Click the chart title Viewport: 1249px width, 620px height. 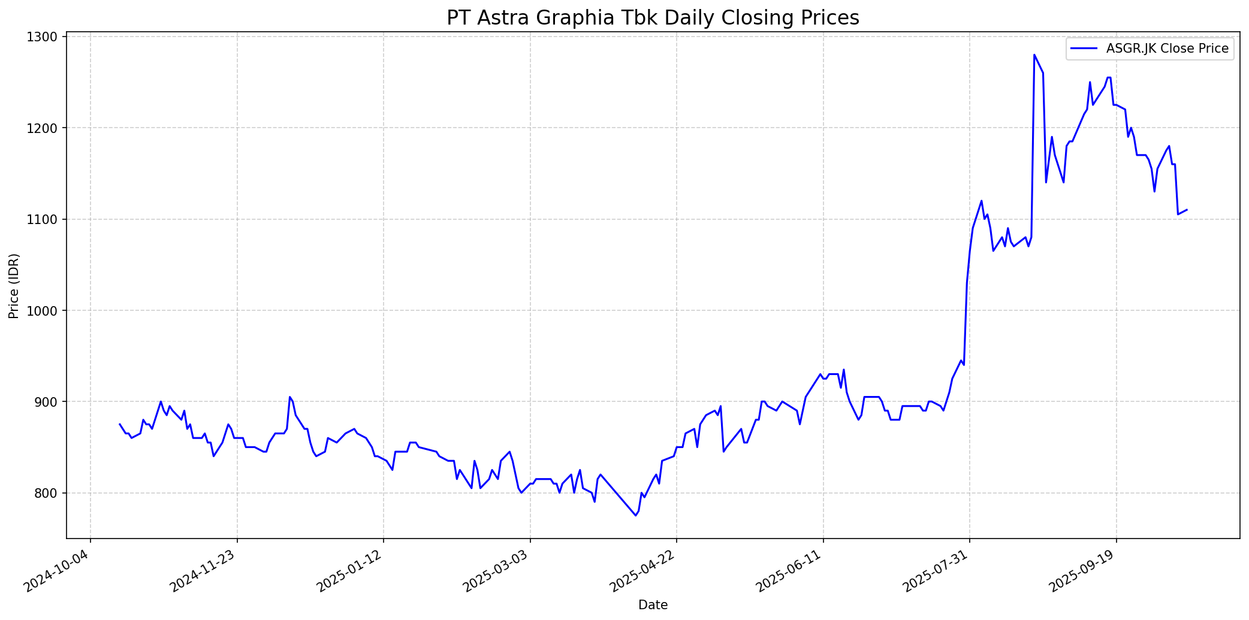[x=653, y=18]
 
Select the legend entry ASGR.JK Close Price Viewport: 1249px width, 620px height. [x=1167, y=49]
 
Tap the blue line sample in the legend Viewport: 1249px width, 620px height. [x=1085, y=49]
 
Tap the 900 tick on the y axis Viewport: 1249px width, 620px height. [x=48, y=401]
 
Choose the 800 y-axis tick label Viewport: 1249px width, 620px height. [x=48, y=493]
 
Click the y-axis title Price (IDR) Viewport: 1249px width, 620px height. [x=14, y=286]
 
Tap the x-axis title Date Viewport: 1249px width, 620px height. [x=653, y=605]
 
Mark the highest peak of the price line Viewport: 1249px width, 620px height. [x=1034, y=55]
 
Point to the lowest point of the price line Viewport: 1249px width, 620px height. [x=635, y=515]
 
